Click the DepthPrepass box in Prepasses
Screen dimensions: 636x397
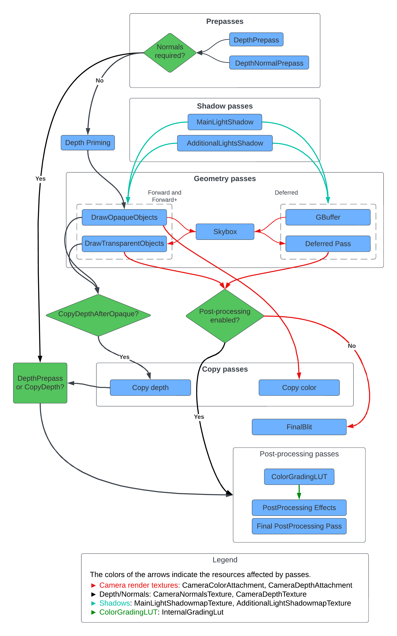(256, 40)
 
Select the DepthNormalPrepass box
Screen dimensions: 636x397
(269, 63)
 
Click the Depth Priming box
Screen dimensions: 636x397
(88, 143)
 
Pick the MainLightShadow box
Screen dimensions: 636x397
(225, 122)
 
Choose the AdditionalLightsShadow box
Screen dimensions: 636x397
(225, 143)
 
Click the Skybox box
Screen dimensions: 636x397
(225, 232)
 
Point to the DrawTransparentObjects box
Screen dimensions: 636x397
(124, 244)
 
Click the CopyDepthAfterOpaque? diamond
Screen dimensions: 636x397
(98, 314)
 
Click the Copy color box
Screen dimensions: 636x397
(299, 387)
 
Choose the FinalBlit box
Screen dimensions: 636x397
(299, 427)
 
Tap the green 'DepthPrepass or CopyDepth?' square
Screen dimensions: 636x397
(40, 383)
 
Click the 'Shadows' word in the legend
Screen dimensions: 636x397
(114, 603)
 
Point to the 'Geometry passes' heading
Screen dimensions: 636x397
(225, 179)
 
